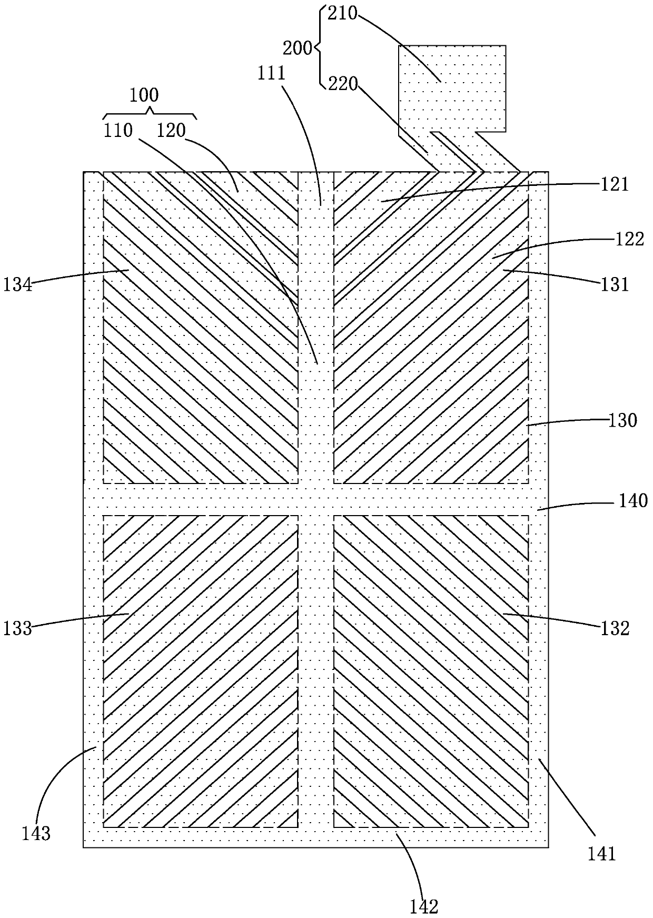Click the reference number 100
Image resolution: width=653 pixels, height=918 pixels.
(144, 95)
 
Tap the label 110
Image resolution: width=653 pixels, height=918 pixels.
(118, 130)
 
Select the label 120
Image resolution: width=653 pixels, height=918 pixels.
(171, 130)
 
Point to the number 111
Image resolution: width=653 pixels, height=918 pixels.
(271, 73)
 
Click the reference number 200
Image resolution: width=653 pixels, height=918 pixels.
(298, 48)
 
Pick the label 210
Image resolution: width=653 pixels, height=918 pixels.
(343, 14)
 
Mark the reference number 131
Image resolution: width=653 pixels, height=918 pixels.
(615, 284)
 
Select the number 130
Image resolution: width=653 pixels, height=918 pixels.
(622, 420)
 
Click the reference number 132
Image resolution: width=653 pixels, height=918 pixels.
(615, 628)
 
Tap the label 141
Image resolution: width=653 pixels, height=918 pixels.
(602, 853)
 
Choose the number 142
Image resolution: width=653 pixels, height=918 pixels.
(424, 906)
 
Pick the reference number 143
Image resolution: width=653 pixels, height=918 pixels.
(36, 833)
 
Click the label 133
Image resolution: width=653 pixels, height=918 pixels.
(18, 628)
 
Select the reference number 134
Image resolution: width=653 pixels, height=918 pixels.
(18, 285)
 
